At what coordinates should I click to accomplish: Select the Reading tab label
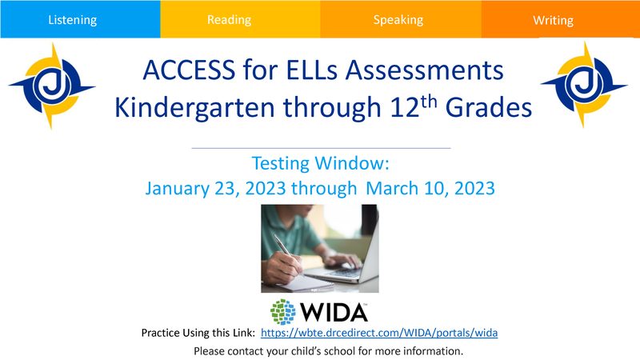229,19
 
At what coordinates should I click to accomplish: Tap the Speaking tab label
398,20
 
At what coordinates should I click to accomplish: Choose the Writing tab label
553,20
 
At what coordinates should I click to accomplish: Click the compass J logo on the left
52,86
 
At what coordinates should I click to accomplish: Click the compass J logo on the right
584,85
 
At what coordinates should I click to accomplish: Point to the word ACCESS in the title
189,70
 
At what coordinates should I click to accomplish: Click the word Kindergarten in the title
195,108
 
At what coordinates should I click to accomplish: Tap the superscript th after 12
429,101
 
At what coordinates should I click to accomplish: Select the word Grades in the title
489,108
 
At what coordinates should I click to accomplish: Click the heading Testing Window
321,163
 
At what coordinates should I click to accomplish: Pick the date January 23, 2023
215,189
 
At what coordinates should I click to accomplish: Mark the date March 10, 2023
430,189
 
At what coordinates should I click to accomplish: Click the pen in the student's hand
286,252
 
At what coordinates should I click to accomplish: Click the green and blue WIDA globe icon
283,312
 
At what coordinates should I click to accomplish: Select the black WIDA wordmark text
334,313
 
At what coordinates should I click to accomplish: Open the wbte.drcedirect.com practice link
379,333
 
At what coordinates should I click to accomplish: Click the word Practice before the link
161,333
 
